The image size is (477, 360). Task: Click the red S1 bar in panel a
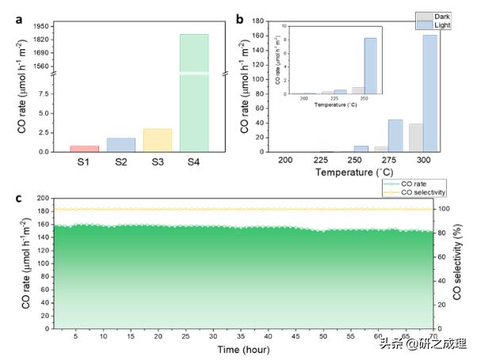85,148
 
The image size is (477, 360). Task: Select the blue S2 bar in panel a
121,144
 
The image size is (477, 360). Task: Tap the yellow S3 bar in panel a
158,140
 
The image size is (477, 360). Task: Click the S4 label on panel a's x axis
194,162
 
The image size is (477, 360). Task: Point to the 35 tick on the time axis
241,337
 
